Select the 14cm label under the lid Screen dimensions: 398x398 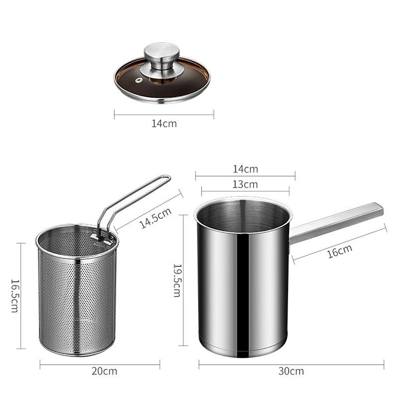[x=164, y=123]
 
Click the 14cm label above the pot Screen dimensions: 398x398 [x=245, y=169]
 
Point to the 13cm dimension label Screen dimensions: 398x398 [x=245, y=184]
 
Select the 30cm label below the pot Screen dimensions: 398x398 [x=291, y=371]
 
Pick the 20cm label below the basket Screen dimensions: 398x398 [x=104, y=371]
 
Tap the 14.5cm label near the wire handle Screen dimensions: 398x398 [x=155, y=217]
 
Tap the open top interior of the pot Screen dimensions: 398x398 [x=242, y=215]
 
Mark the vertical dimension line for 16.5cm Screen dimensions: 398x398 [x=21, y=296]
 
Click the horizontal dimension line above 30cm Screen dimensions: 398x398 [x=291, y=364]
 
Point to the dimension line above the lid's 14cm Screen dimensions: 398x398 [x=164, y=114]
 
